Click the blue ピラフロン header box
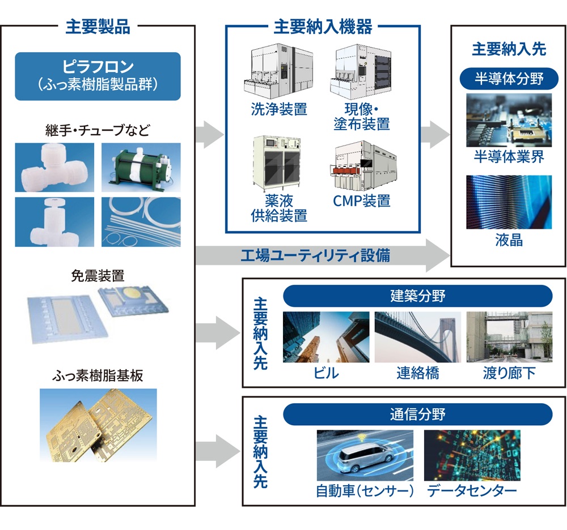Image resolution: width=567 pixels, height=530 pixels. [x=98, y=76]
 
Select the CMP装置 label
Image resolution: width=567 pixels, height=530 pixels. [x=361, y=200]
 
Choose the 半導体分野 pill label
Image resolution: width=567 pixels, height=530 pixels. [x=509, y=78]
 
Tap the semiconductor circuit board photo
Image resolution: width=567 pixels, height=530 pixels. [x=509, y=120]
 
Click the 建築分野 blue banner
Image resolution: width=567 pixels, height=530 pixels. [x=417, y=296]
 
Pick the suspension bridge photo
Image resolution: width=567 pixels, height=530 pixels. [x=417, y=337]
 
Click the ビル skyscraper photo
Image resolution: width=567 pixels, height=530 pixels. [x=325, y=337]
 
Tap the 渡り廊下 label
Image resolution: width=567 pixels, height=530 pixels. [x=509, y=373]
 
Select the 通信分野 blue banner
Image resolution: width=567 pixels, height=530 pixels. [x=417, y=414]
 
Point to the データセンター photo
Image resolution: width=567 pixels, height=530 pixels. [x=472, y=455]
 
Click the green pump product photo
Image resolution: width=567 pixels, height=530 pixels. [x=141, y=166]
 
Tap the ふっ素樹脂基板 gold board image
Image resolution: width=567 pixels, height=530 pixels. [x=98, y=424]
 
